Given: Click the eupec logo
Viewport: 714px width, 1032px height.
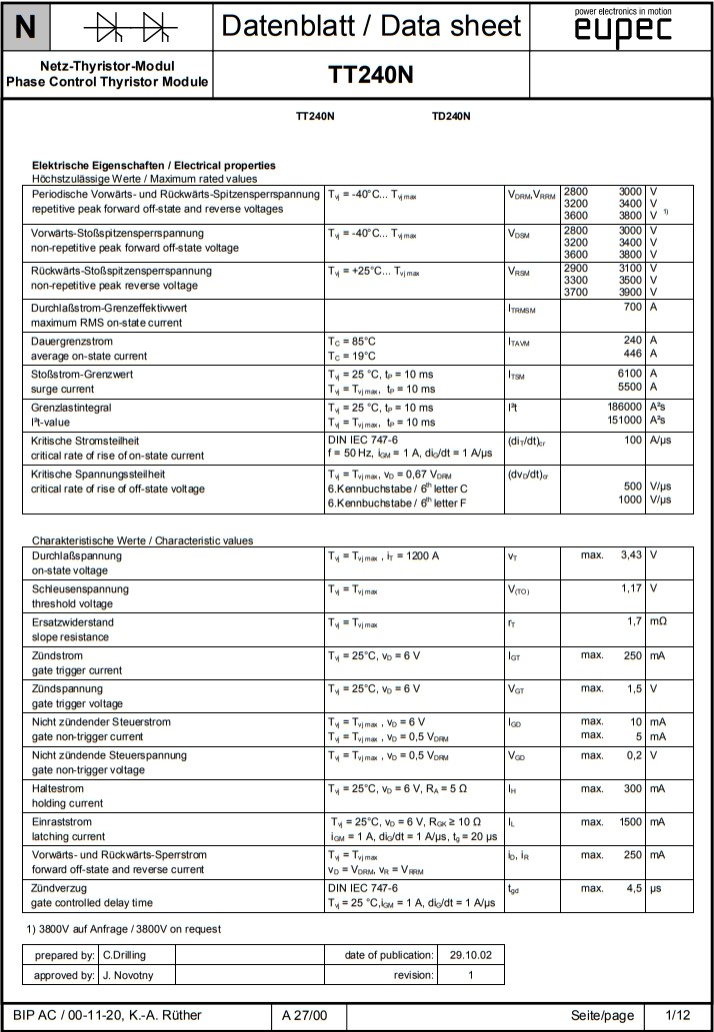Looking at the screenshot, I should [x=623, y=29].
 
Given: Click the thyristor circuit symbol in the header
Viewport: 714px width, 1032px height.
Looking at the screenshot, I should [x=129, y=26].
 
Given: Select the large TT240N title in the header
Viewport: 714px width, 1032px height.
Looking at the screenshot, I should [x=370, y=76].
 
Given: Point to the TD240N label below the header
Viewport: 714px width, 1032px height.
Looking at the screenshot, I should [x=451, y=117].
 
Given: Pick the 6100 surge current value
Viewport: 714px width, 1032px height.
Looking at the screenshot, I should [x=627, y=374].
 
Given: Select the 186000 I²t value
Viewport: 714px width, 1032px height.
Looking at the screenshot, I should [x=623, y=408].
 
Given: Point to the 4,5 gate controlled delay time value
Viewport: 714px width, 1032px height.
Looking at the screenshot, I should [x=632, y=888].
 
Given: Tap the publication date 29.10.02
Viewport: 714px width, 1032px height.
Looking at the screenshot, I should [x=471, y=955].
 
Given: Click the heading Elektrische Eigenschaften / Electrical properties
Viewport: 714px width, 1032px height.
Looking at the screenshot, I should [x=154, y=165].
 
